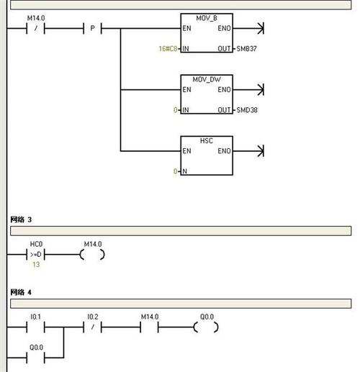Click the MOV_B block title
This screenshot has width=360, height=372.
click(x=207, y=18)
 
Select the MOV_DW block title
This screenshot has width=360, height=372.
click(x=207, y=79)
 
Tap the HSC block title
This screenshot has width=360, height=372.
click(x=207, y=140)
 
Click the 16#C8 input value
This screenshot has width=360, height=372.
click(x=168, y=49)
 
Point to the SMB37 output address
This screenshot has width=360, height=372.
click(x=246, y=49)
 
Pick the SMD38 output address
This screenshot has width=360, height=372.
click(x=247, y=110)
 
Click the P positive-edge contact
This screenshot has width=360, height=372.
click(x=92, y=28)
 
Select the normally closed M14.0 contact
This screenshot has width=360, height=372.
click(x=35, y=28)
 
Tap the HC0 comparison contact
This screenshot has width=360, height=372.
click(x=35, y=255)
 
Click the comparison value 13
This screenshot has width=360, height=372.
click(x=36, y=265)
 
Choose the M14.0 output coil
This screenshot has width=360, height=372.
click(x=92, y=255)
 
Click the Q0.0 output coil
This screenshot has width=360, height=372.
click(x=206, y=327)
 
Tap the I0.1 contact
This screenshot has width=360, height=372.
click(x=35, y=327)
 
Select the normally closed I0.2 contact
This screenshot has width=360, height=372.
click(x=92, y=327)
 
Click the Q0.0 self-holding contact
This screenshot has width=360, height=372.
click(x=35, y=358)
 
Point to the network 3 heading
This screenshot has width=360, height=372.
click(x=21, y=219)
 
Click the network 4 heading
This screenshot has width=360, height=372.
click(x=21, y=292)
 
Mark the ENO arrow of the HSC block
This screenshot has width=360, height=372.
click(x=248, y=151)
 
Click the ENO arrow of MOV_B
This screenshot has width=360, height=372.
click(x=248, y=28)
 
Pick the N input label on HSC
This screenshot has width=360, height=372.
click(x=184, y=171)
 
